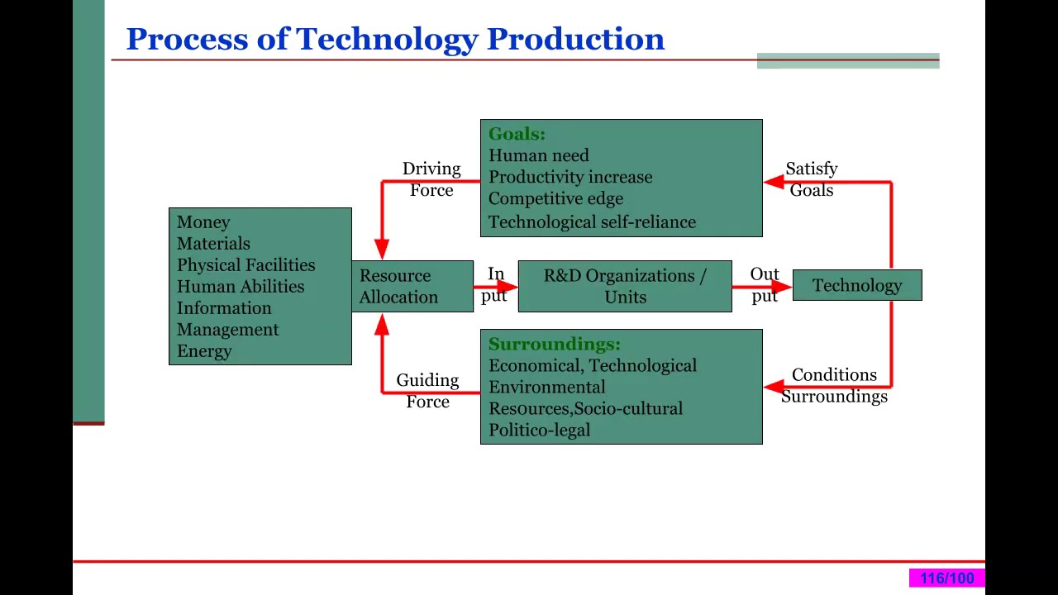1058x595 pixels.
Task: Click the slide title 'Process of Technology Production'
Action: [395, 40]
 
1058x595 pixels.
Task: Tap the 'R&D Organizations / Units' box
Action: [624, 287]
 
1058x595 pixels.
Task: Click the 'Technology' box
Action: [856, 286]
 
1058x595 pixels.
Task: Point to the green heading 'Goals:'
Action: [517, 134]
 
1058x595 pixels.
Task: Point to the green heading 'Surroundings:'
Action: [554, 344]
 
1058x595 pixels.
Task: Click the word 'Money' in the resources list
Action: [203, 222]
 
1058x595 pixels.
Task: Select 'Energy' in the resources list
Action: [204, 351]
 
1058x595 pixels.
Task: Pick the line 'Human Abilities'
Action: [240, 287]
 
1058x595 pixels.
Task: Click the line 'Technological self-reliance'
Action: [592, 221]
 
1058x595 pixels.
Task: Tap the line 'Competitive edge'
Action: [555, 199]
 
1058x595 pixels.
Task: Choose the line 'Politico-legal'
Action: [539, 431]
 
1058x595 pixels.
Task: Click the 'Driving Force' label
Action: [431, 179]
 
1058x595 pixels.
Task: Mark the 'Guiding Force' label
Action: [427, 391]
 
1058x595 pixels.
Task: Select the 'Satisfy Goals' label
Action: [812, 179]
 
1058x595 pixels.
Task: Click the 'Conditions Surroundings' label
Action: [834, 386]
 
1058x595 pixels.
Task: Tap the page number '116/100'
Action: [946, 578]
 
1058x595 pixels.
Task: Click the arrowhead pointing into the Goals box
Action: [773, 182]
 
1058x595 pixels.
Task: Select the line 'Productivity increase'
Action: [570, 178]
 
